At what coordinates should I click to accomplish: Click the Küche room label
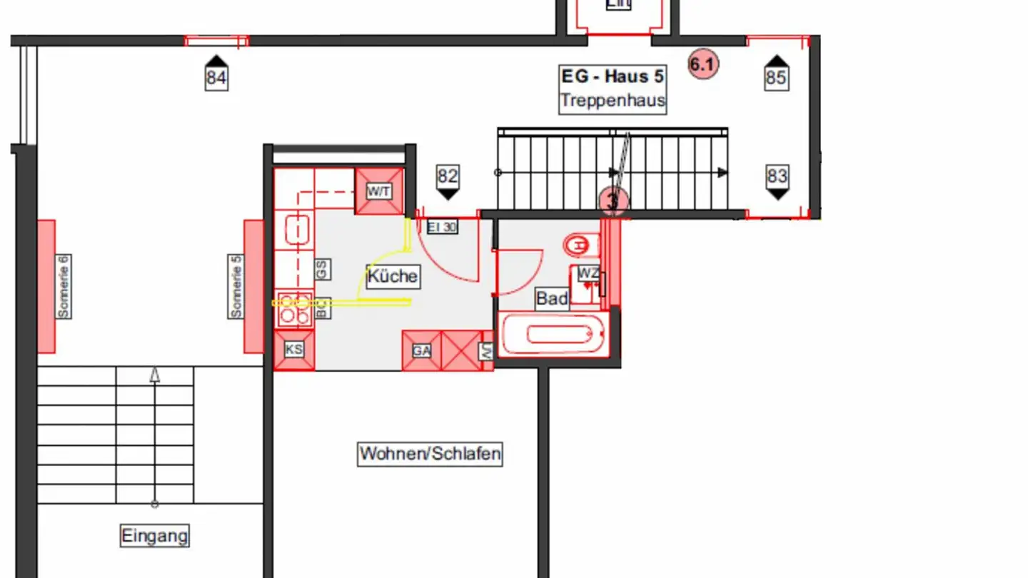coord(393,276)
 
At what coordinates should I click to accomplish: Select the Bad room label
coord(552,298)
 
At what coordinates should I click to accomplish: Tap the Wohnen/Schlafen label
coord(430,453)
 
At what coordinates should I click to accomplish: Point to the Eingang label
coord(155,535)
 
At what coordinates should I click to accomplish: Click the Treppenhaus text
coord(613,101)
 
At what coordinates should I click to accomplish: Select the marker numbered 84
coord(216,74)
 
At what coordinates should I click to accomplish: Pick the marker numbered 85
coord(776,74)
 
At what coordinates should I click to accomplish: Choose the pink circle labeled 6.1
coord(702,65)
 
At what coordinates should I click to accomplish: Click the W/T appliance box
coord(379,191)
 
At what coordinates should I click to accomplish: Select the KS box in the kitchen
coord(294,350)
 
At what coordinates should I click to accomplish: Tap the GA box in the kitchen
coord(421,350)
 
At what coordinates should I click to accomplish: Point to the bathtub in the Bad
coord(553,334)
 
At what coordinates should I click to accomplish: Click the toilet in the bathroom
coord(579,246)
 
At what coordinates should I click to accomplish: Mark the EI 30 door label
coord(442,228)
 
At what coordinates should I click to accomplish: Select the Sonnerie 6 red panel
coord(47,286)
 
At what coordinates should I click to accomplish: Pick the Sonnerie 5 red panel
coord(253,286)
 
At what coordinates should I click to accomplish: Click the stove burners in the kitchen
coord(294,308)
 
